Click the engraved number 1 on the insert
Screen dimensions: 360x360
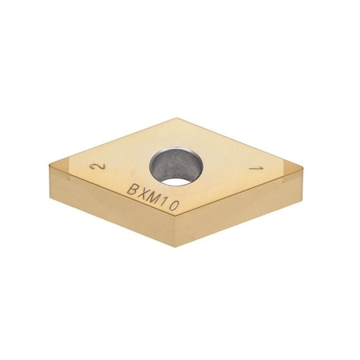coord(256,170)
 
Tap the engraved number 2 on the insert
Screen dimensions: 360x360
coord(98,166)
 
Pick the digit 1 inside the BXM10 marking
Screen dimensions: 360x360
coord(166,202)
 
